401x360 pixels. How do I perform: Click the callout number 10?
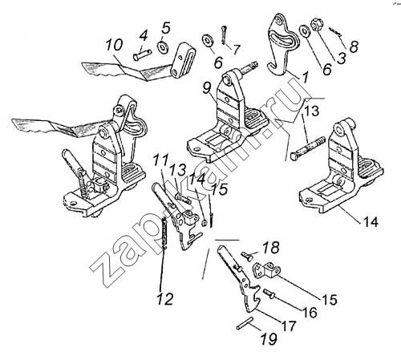pyautogui.click(x=114, y=45)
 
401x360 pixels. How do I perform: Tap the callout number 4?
pyautogui.click(x=144, y=36)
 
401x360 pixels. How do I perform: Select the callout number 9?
pyautogui.click(x=207, y=88)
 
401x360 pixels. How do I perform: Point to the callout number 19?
pyautogui.click(x=269, y=339)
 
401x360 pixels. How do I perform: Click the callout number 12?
pyautogui.click(x=165, y=298)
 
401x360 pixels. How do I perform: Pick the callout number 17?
pyautogui.click(x=288, y=326)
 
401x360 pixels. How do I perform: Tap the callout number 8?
pyautogui.click(x=354, y=47)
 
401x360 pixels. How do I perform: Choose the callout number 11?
pyautogui.click(x=161, y=160)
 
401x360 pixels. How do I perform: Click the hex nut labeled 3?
pyautogui.click(x=317, y=26)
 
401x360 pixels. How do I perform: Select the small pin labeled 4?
pyautogui.click(x=142, y=55)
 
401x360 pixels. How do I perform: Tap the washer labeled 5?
pyautogui.click(x=163, y=47)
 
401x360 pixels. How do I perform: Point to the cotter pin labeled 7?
pyautogui.click(x=225, y=34)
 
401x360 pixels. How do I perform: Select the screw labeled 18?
pyautogui.click(x=248, y=256)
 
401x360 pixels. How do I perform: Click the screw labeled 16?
pyautogui.click(x=270, y=293)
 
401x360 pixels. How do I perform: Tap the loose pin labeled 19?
pyautogui.click(x=244, y=323)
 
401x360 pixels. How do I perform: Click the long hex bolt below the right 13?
pyautogui.click(x=307, y=148)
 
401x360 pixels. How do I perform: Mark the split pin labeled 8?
pyautogui.click(x=334, y=31)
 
